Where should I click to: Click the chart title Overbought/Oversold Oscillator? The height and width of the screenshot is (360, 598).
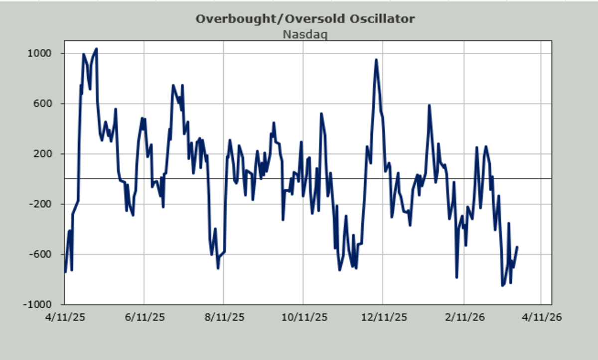(304, 19)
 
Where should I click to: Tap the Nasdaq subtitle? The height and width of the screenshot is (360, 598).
(304, 34)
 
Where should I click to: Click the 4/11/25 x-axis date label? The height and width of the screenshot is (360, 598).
(65, 317)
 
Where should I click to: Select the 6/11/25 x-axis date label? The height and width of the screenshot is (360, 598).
(144, 317)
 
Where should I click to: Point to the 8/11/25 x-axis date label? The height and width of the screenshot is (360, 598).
(224, 317)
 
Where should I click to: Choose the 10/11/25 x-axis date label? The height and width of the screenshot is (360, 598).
(303, 317)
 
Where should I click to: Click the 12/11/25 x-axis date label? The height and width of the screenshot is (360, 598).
(383, 317)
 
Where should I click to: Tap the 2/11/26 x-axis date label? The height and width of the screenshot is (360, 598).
(464, 317)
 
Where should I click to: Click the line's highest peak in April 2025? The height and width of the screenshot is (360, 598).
(96, 49)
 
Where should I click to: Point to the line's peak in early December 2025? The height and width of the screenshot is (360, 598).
(376, 60)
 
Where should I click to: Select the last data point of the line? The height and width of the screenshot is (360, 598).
(517, 247)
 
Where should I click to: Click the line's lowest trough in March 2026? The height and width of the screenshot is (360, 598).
(502, 285)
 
